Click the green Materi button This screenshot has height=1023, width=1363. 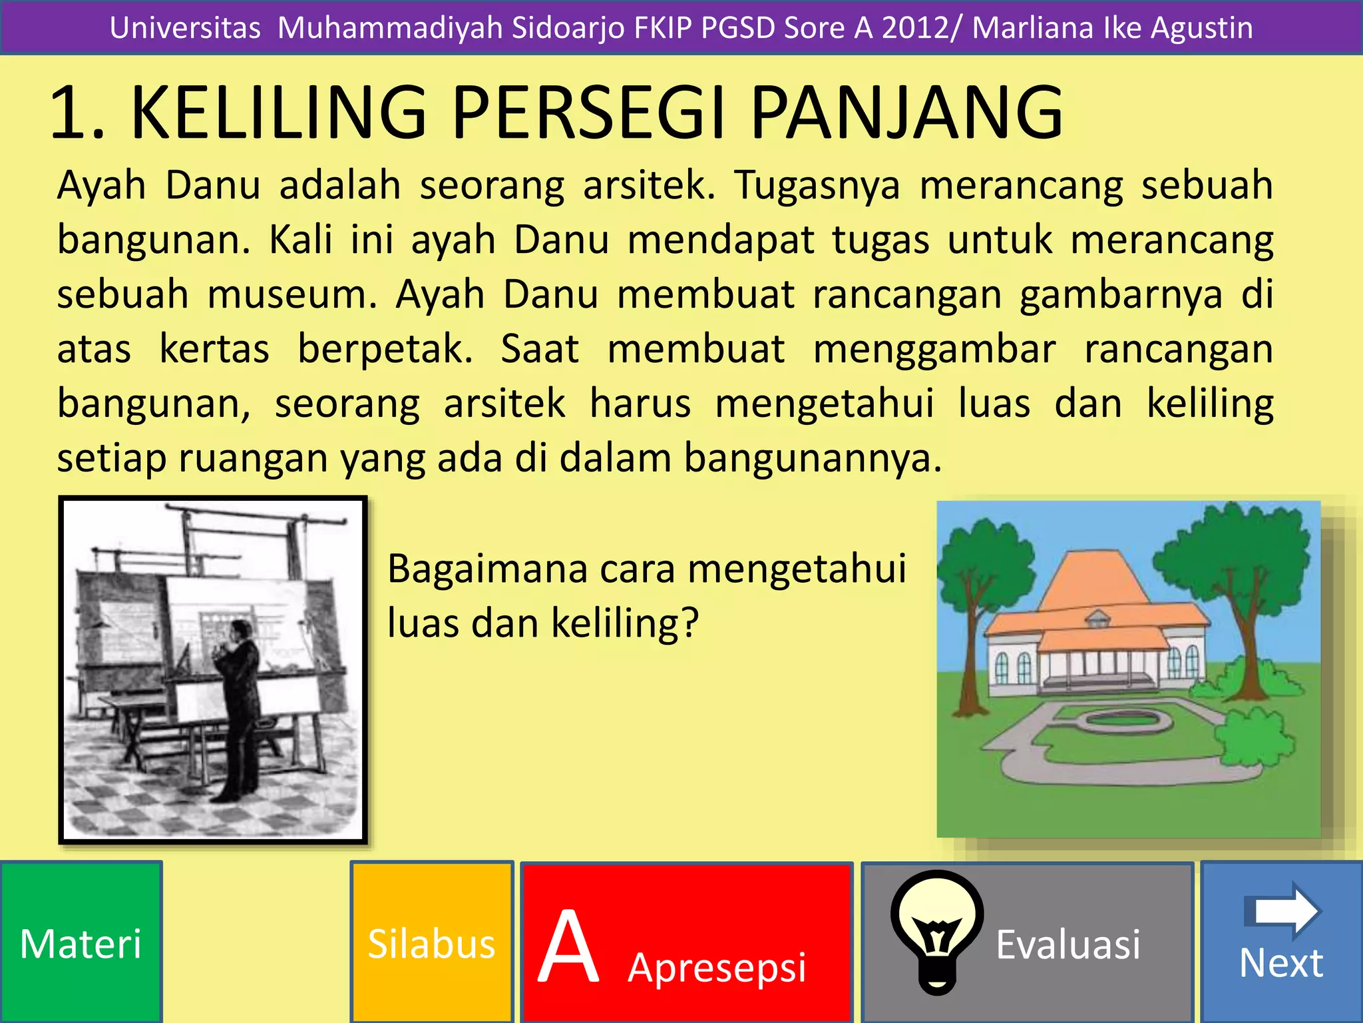[x=81, y=943]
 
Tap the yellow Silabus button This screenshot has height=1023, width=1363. [x=431, y=943]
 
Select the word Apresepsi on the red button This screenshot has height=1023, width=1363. [x=717, y=968]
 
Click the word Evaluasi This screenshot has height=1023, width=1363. [x=1068, y=944]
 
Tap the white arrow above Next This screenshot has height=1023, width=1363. [x=1282, y=910]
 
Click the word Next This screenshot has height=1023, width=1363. [x=1281, y=963]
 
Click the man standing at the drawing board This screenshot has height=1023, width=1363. [x=236, y=706]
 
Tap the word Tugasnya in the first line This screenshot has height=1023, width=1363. [x=818, y=185]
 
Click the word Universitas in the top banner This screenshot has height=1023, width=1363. [x=185, y=28]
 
